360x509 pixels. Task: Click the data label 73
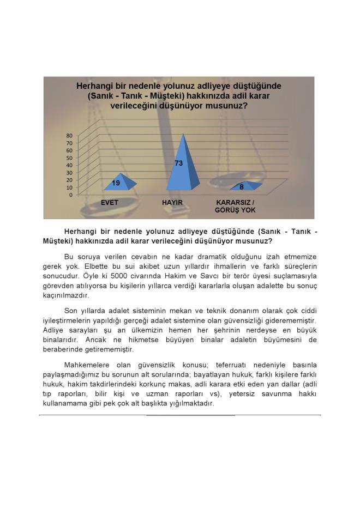[x=178, y=163]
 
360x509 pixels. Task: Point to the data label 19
[x=116, y=184]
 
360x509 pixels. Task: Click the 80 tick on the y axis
[x=69, y=135]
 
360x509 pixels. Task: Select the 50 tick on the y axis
[x=69, y=157]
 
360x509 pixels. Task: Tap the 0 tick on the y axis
[x=70, y=195]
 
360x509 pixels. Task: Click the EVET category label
[x=110, y=203]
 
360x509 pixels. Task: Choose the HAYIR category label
[x=172, y=203]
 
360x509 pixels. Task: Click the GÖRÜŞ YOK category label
[x=235, y=210]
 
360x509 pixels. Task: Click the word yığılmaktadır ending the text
[x=189, y=404]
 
